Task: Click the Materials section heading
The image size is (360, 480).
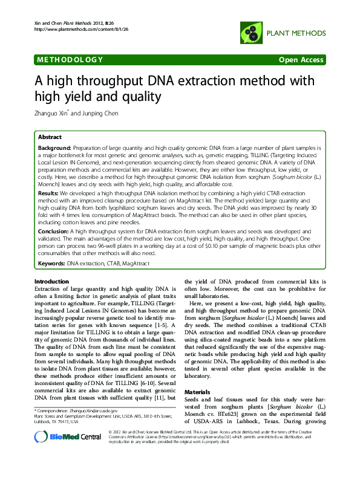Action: click(199, 375)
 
